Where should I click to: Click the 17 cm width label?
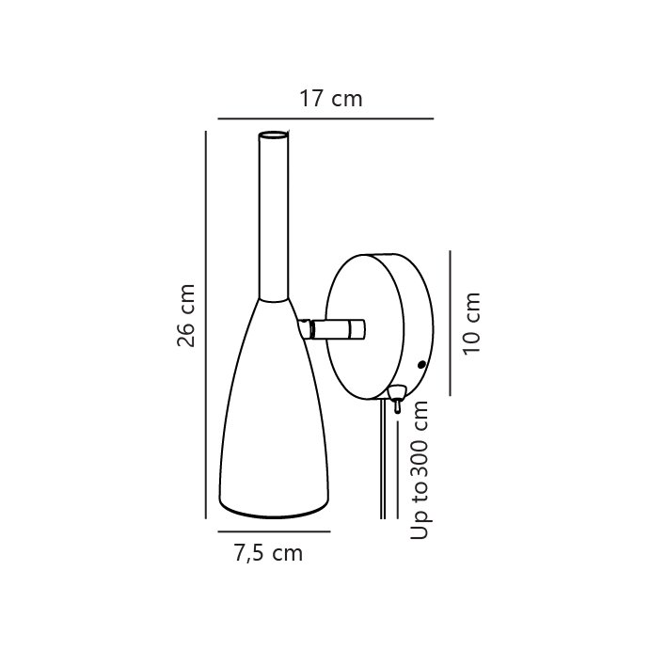(331, 99)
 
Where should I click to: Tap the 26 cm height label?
(185, 315)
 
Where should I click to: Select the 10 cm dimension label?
(471, 324)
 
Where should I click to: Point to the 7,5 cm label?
(269, 553)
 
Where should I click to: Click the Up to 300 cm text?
(420, 469)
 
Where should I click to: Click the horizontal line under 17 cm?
(325, 119)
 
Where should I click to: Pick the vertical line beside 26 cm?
(206, 325)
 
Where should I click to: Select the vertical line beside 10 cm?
(451, 323)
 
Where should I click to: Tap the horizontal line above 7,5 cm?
(274, 531)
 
